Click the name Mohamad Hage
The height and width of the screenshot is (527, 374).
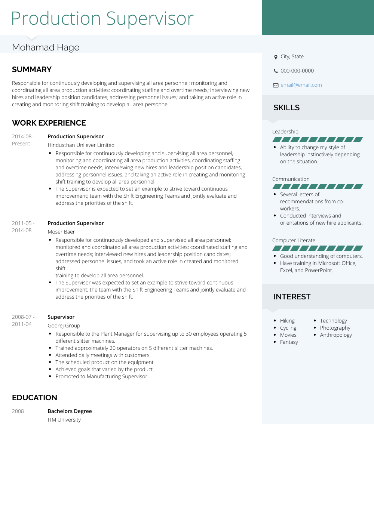click(46, 47)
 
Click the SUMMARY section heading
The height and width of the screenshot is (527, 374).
click(32, 70)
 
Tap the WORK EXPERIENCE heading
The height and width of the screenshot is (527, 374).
click(49, 123)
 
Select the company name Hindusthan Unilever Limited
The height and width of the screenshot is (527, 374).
click(81, 145)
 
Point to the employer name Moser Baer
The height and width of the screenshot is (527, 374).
click(61, 232)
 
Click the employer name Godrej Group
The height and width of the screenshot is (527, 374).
click(64, 326)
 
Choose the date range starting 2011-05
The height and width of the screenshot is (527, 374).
click(23, 226)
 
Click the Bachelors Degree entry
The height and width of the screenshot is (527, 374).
click(70, 411)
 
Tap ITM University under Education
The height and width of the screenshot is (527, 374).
click(64, 420)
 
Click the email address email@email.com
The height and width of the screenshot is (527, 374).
click(301, 85)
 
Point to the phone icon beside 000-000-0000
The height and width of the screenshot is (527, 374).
click(276, 71)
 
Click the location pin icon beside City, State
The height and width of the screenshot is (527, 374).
click(276, 57)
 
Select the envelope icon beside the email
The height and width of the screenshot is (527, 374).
click(276, 85)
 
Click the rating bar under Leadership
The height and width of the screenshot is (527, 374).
click(318, 139)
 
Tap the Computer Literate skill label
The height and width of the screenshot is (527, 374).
click(294, 240)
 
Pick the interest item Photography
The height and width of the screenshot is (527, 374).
click(335, 328)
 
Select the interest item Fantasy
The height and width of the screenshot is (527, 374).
click(289, 342)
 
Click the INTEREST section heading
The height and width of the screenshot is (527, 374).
click(292, 297)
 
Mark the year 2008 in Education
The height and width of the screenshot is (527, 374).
click(18, 411)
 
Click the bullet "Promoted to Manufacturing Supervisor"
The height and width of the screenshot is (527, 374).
click(101, 376)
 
